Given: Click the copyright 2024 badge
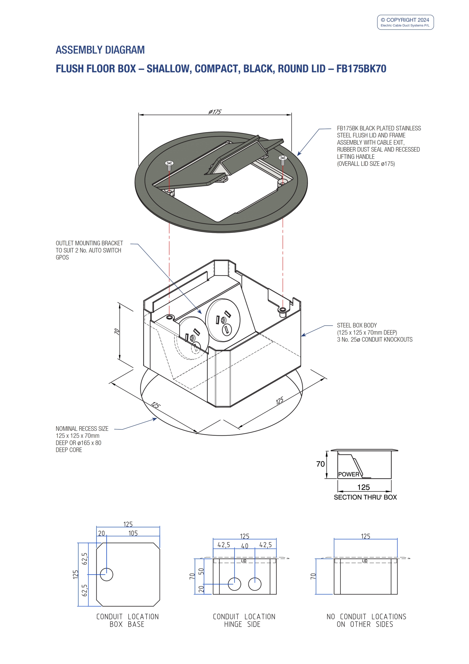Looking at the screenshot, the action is tap(405, 22).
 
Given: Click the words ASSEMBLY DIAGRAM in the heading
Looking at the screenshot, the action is tap(100, 50).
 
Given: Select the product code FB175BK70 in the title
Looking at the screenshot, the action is tap(361, 68).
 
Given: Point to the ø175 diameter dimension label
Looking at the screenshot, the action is tap(215, 112).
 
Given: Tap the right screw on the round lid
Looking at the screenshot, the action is tap(283, 160).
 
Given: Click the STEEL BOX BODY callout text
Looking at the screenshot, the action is tap(375, 332).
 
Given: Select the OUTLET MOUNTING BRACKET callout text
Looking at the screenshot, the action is tap(89, 250).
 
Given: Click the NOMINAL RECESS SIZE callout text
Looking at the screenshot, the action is tap(82, 439).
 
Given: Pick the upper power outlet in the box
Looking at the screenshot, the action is tap(223, 320).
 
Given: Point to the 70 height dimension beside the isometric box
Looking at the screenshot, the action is tap(117, 331).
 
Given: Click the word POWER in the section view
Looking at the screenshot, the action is tap(349, 474).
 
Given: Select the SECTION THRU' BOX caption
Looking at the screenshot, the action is tap(365, 497).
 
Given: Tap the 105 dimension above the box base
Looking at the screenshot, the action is tap(133, 533).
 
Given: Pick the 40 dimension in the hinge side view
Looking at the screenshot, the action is tap(245, 546).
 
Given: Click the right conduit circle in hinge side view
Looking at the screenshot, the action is tap(255, 584).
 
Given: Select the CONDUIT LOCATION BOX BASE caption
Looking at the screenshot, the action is tap(128, 620).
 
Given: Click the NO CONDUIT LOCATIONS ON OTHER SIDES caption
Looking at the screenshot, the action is tap(366, 620).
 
